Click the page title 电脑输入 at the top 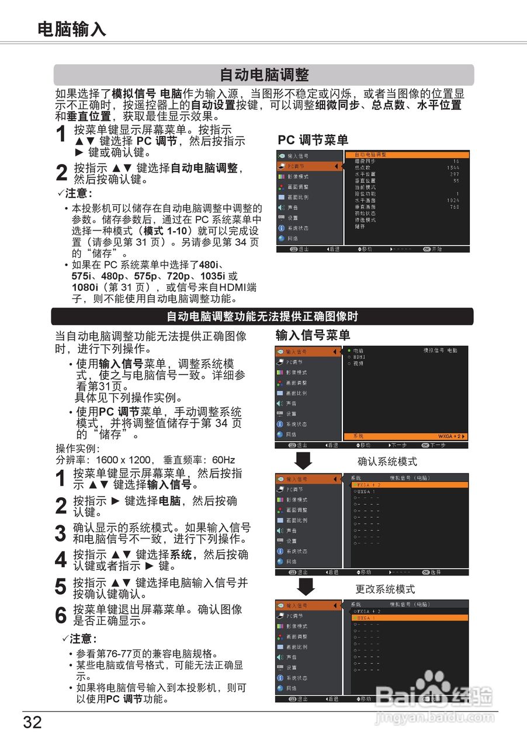[x=72, y=29]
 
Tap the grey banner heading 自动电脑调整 [x=263, y=75]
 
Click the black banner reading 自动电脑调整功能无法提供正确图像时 [x=262, y=316]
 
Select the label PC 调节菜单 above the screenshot [x=313, y=140]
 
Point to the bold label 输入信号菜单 [x=313, y=335]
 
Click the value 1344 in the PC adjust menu [x=453, y=167]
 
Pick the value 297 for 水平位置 [x=455, y=174]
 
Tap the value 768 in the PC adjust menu [x=455, y=207]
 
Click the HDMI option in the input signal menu [x=359, y=357]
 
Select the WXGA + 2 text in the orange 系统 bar [x=452, y=436]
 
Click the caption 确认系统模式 [x=387, y=462]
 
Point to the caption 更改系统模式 [x=385, y=589]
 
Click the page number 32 [x=33, y=722]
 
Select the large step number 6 [x=60, y=616]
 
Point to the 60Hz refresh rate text [x=224, y=459]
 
